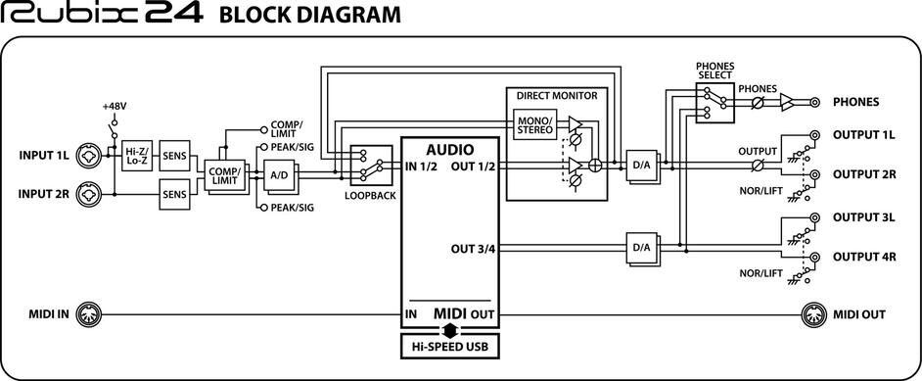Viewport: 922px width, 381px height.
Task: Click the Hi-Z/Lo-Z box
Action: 137,156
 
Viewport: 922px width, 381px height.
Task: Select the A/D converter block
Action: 279,175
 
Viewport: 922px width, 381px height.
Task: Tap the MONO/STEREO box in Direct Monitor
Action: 535,124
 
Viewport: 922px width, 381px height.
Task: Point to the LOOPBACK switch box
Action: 371,167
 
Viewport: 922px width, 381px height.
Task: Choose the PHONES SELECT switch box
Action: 715,102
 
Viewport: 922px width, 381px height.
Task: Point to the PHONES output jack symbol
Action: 815,102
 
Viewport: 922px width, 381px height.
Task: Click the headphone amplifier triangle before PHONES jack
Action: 787,102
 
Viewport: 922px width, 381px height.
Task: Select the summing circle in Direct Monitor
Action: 596,166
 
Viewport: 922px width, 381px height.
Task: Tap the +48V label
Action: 115,107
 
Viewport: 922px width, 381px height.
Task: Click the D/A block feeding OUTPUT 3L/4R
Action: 642,249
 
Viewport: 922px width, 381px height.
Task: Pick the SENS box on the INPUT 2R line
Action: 174,194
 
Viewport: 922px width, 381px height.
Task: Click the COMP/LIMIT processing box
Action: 224,175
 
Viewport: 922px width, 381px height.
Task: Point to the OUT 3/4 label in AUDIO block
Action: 473,249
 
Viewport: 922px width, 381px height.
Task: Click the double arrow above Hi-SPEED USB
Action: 450,328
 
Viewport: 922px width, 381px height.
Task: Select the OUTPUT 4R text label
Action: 864,257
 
